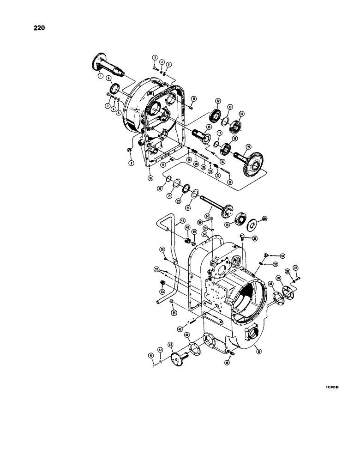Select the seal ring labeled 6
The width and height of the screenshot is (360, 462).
pos(114,88)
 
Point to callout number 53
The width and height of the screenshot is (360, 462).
pos(282,255)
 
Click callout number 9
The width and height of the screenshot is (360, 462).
pos(131,163)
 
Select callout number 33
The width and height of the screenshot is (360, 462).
pos(162,292)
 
